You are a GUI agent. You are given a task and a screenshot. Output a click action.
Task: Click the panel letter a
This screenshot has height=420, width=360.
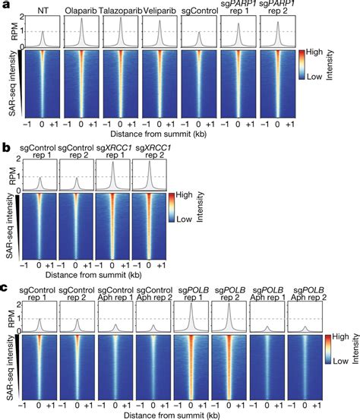tap(5, 5)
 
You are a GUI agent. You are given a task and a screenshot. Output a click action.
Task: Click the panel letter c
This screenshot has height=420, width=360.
tap(5, 287)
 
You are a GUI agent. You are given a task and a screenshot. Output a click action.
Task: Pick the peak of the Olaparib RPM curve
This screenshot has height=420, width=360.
tap(82, 20)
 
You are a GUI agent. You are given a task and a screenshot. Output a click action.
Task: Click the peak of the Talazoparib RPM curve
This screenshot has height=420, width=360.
tap(122, 20)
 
